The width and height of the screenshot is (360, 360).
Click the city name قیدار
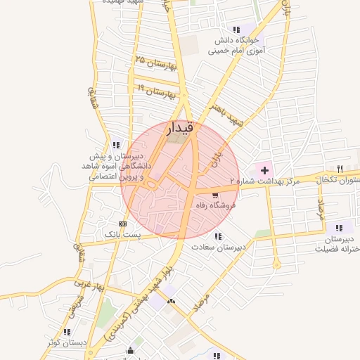(x=179, y=129)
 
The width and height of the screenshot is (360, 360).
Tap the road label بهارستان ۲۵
(x=154, y=64)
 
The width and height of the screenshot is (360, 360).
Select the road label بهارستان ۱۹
(x=155, y=91)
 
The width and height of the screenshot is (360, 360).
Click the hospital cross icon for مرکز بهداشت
(x=264, y=169)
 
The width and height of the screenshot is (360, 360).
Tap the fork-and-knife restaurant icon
(x=340, y=168)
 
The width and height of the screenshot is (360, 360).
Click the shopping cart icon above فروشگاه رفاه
(x=214, y=195)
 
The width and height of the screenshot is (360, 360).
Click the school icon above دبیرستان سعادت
(x=218, y=236)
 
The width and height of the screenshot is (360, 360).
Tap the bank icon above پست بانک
(x=123, y=224)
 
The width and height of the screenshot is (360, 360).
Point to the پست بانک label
(x=122, y=234)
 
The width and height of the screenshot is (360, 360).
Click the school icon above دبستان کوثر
(x=67, y=331)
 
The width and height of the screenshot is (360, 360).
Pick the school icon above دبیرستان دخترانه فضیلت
(x=340, y=227)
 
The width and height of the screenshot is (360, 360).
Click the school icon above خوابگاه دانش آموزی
(x=236, y=29)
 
